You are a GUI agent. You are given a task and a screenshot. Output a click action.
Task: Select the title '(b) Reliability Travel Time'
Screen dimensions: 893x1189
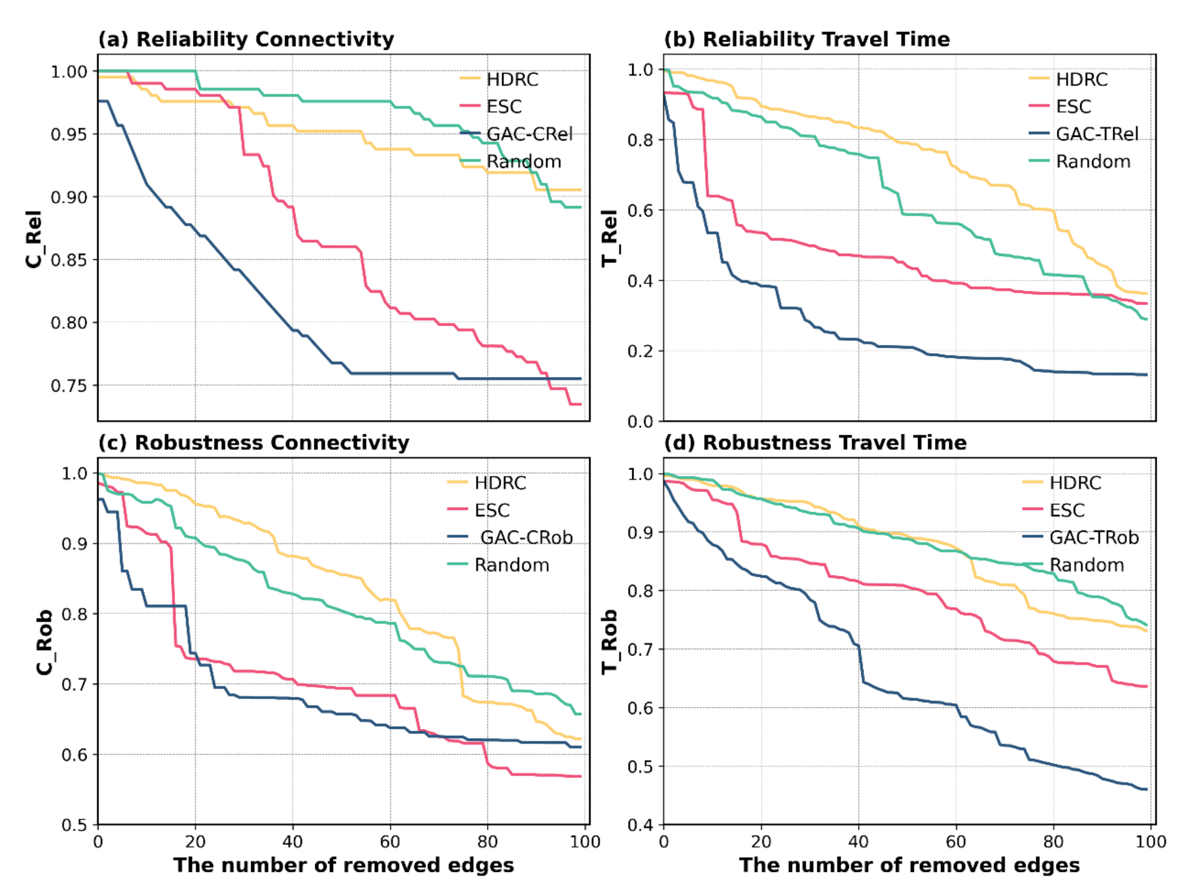click(807, 39)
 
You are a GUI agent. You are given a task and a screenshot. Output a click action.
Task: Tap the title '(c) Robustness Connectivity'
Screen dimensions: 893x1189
click(253, 442)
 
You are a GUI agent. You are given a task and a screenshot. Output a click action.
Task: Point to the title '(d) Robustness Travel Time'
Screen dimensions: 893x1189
click(815, 442)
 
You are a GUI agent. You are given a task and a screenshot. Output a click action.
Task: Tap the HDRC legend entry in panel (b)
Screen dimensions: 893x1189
click(1081, 80)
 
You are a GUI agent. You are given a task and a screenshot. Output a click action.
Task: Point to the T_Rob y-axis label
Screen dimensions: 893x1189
click(609, 642)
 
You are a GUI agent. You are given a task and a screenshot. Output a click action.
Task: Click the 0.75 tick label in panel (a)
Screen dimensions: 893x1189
click(69, 386)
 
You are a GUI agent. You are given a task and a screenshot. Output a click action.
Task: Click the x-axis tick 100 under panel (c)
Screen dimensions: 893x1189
click(585, 842)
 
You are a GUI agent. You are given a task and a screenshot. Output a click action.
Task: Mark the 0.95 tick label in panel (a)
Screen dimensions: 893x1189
click(69, 134)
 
